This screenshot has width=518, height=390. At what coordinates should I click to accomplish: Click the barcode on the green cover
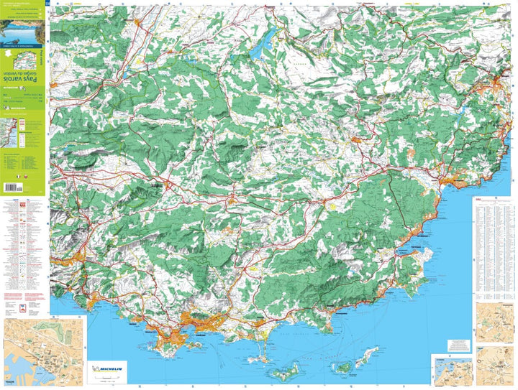pyautogui.click(x=14, y=188)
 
